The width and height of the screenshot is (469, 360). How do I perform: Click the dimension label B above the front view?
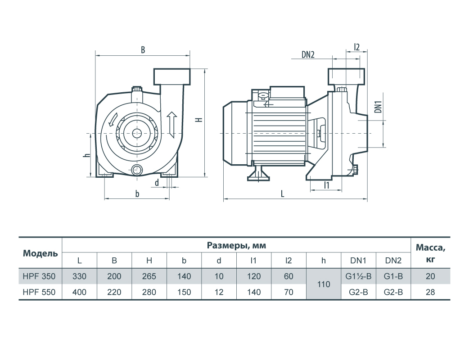point(143,50)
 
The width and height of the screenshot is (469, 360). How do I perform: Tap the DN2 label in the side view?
point(308,55)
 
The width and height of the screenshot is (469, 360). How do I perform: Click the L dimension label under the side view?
point(282,193)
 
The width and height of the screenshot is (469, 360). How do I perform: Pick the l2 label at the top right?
point(357,46)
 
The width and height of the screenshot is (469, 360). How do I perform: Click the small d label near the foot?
point(157,183)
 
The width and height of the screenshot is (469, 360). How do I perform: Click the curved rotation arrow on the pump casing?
point(113,120)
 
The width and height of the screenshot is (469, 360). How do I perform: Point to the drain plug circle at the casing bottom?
point(136,170)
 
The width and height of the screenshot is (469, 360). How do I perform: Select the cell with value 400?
point(79,292)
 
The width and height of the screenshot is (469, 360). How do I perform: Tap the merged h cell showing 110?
point(324,284)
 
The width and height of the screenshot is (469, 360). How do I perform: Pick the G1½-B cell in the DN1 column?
point(358,276)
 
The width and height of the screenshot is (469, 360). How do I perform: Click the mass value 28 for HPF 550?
point(430,292)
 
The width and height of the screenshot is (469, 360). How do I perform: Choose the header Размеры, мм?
point(236,245)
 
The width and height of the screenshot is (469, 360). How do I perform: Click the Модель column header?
point(40,253)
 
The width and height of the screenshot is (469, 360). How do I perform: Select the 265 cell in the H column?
point(149,276)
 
